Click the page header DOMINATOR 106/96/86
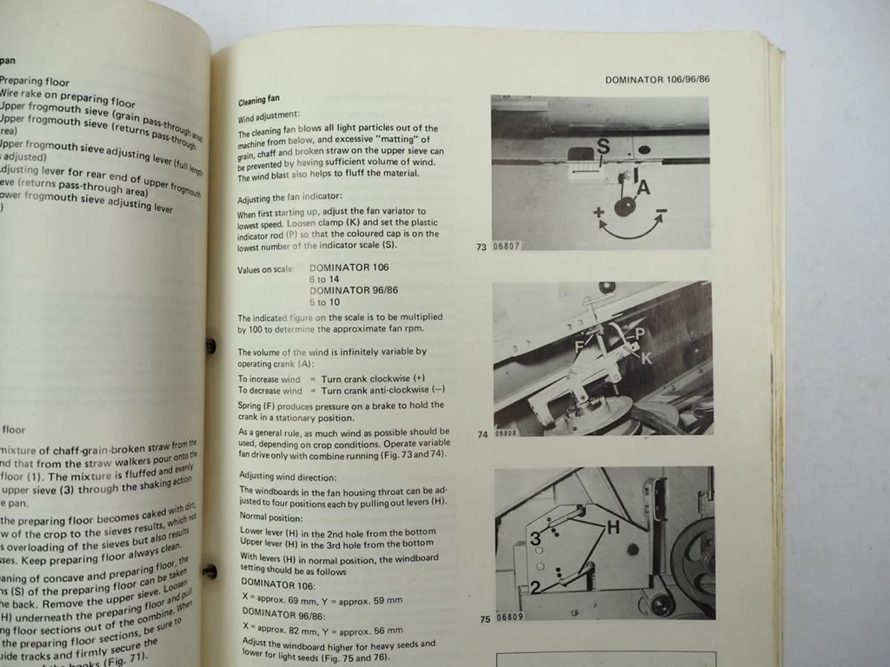point(657,79)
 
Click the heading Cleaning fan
point(259,100)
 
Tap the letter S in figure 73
point(603,146)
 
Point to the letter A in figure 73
point(643,188)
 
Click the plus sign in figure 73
point(598,212)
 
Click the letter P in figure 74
point(640,334)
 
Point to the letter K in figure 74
point(646,358)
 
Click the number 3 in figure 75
point(535,538)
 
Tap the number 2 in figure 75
point(535,587)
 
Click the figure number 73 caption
point(481,247)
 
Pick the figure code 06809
point(510,617)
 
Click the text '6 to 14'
point(324,279)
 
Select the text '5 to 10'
point(324,302)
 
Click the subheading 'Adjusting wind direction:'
point(288,477)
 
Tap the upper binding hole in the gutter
point(209,346)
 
